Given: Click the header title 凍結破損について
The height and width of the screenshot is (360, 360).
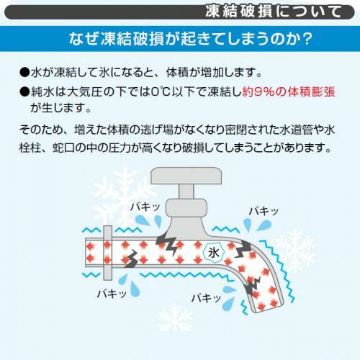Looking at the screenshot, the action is click(273, 12).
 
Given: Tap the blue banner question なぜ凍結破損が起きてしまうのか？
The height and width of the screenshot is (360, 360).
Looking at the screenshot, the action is click(191, 39).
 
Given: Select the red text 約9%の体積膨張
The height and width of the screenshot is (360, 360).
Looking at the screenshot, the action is click(289, 91).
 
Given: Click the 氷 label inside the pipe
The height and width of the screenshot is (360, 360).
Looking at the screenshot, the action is click(213, 253).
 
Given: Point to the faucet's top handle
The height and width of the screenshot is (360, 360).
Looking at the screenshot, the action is click(186, 176).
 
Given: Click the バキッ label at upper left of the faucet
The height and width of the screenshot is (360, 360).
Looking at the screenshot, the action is click(145, 207).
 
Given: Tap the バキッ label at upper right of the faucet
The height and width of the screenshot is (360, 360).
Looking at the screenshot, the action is click(264, 211).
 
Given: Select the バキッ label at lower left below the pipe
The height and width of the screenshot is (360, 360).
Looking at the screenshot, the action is click(112, 293).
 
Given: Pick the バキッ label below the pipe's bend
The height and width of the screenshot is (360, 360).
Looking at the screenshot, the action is click(206, 298).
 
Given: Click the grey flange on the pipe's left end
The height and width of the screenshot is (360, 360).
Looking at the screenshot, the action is click(107, 253).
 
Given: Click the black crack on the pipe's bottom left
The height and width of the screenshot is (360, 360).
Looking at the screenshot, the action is click(131, 258).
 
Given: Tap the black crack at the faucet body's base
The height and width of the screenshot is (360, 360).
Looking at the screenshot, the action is click(166, 243).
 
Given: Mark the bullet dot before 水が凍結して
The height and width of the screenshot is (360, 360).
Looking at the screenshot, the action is click(24, 72).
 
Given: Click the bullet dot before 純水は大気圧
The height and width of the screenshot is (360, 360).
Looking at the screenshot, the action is click(24, 92).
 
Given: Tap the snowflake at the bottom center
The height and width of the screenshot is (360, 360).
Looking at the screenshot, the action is click(174, 318).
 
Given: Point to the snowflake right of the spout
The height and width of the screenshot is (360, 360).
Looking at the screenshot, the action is click(295, 251).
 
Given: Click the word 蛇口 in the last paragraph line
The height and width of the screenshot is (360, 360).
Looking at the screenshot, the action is click(63, 148).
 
